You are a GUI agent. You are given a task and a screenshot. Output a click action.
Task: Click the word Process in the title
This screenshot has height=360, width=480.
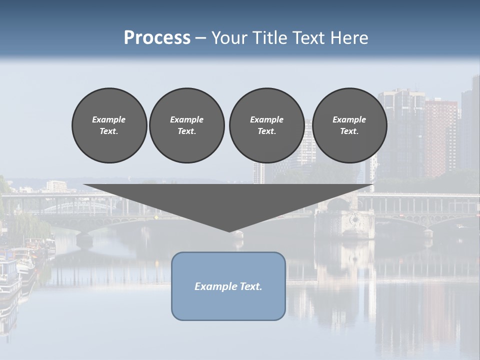157,37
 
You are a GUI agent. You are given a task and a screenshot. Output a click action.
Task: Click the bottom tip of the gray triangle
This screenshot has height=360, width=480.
229,230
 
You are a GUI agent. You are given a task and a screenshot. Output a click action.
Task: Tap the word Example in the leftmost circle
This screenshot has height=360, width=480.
109,119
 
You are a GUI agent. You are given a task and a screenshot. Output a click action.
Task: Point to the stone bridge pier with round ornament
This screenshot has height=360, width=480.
354,220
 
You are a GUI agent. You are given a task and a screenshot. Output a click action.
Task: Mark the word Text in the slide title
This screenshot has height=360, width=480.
310,37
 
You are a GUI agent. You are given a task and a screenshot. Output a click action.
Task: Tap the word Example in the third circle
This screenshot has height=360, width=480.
266,119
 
